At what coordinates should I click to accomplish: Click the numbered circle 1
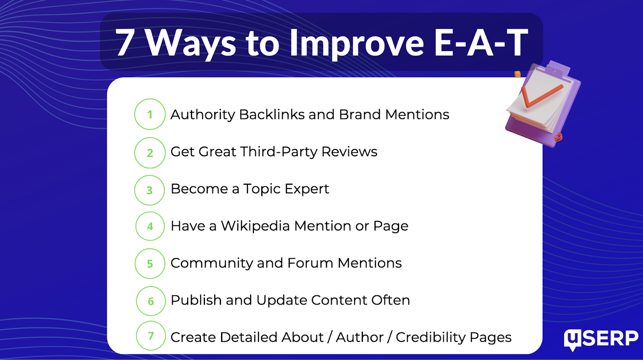click(x=150, y=114)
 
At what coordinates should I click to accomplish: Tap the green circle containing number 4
click(x=150, y=226)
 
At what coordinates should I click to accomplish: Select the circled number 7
click(x=151, y=335)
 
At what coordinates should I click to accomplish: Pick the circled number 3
click(x=149, y=190)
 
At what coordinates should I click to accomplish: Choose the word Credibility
click(x=430, y=337)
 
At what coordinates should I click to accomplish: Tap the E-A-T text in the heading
click(x=481, y=43)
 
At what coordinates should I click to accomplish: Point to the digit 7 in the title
click(x=125, y=43)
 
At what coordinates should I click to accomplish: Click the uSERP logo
click(x=601, y=340)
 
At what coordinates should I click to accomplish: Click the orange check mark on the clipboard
click(x=541, y=96)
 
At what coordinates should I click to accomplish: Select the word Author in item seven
click(x=359, y=337)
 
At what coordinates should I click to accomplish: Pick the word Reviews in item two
click(x=349, y=152)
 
